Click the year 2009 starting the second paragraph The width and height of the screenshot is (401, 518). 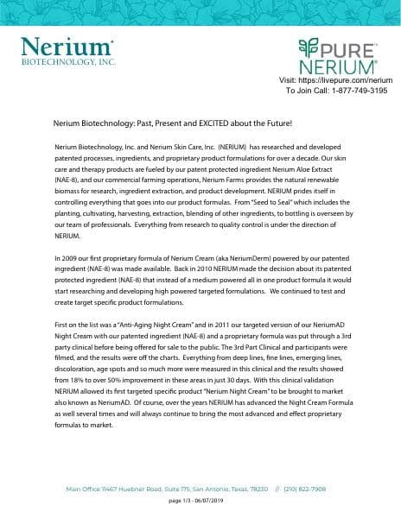(67, 258)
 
